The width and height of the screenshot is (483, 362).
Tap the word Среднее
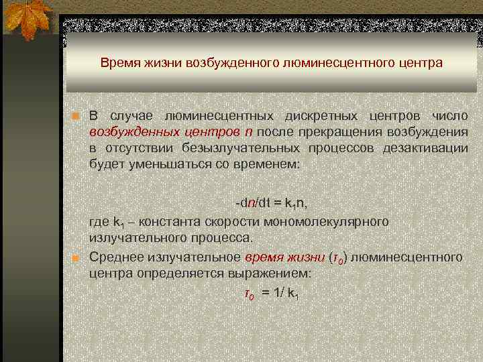click(x=113, y=257)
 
